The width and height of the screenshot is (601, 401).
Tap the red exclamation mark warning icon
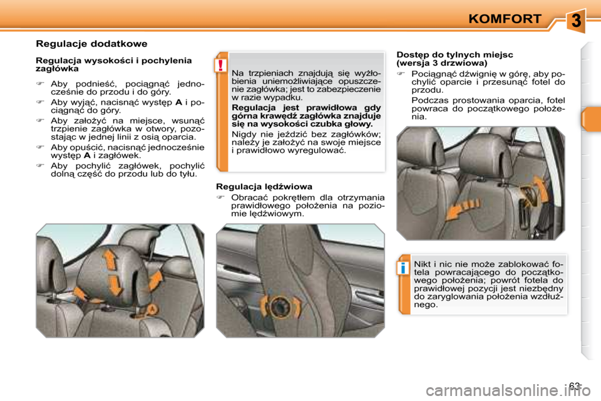coord(220,65)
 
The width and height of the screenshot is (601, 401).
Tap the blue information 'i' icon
coord(403,268)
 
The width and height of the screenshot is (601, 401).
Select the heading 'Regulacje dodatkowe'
coord(91,44)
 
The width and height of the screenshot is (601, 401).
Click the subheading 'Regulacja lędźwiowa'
coord(264,187)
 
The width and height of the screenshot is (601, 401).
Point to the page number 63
coord(575,385)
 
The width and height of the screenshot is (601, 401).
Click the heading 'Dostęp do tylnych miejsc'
coord(455,55)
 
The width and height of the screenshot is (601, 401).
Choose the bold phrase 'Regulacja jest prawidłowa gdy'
coord(306,107)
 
